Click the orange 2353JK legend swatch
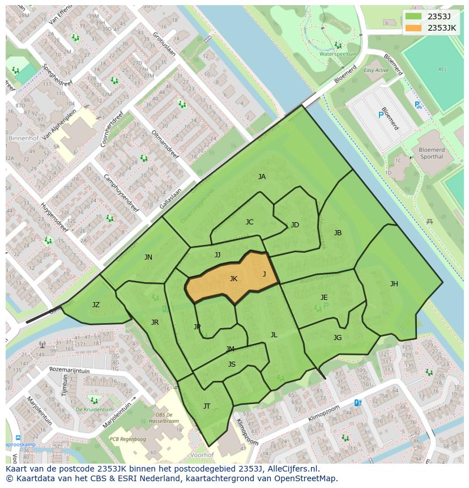coord(413,28)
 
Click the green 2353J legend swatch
coord(413,16)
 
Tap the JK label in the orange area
coord(233,279)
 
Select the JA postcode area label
coord(262,177)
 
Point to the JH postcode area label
coord(394,284)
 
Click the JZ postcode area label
coord(96,305)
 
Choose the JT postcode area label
coord(207,406)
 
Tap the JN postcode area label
coord(148,257)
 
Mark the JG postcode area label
coord(338,338)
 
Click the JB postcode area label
coord(338,233)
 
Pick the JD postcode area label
coord(295,225)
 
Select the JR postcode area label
coord(155,322)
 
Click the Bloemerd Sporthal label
coord(431,153)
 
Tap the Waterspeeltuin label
coord(338,54)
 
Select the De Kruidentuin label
coord(94,409)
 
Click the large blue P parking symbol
coord(380,115)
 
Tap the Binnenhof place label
coord(23,138)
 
